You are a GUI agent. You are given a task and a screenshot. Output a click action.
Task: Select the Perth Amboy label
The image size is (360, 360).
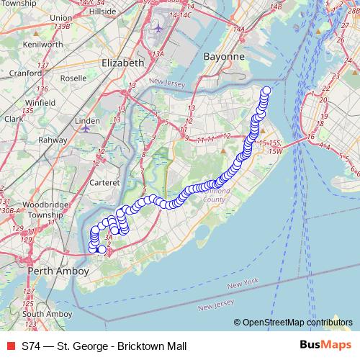click(x=57, y=271)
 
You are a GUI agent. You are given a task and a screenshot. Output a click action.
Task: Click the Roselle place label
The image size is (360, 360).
click(x=74, y=78)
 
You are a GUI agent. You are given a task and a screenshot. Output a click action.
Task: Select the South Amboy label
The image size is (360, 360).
click(x=46, y=314)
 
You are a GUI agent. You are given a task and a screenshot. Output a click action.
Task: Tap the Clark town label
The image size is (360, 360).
click(x=14, y=119)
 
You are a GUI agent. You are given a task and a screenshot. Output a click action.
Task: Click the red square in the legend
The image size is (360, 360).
click(x=11, y=346)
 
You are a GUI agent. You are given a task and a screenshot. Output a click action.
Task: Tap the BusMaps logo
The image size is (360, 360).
click(x=325, y=346)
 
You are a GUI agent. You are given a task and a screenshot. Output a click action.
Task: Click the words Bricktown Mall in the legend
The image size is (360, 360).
click(x=150, y=346)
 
